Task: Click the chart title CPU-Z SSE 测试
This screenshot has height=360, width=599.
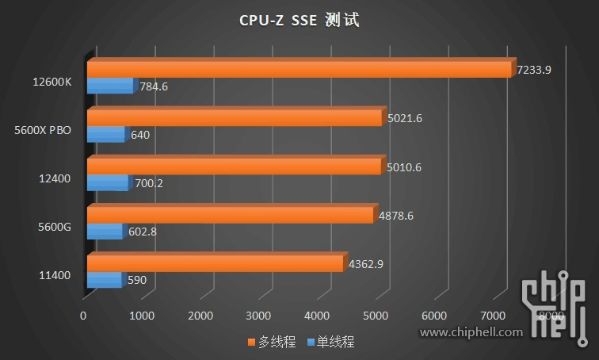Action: coord(299,20)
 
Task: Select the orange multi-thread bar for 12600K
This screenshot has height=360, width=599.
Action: coord(299,70)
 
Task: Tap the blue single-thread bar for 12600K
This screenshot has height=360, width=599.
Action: coord(110,86)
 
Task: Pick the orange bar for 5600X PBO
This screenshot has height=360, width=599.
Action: coord(235,118)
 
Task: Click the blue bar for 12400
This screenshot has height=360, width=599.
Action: coord(107,183)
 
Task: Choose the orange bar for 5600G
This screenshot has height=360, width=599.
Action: coord(230,215)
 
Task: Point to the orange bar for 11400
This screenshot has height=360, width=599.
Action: coord(215,264)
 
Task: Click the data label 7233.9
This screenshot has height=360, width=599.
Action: coord(533,70)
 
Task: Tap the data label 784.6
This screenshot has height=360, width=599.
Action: coord(154,86)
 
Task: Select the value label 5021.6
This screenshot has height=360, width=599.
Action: coord(405,118)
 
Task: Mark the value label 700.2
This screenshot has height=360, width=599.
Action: coord(148,183)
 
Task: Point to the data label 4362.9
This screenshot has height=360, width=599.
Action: coord(366,264)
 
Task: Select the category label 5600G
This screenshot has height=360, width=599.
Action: coord(55,227)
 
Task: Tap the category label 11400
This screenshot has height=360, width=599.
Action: coord(55,275)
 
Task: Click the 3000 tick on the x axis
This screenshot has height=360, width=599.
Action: coord(259,316)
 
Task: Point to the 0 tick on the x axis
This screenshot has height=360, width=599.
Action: coord(83,316)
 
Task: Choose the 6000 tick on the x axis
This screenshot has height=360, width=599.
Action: coord(435,316)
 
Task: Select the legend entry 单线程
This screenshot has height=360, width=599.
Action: coord(330,343)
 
